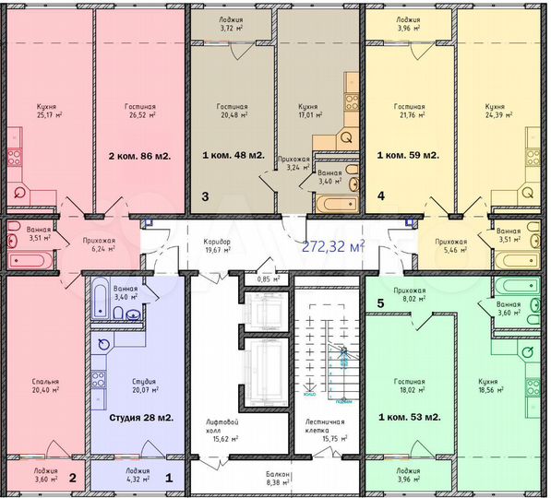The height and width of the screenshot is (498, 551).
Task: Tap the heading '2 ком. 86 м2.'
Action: click(x=140, y=156)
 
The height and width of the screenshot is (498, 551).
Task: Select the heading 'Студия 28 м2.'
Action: click(x=141, y=418)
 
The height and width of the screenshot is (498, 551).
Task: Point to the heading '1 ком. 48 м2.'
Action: click(x=234, y=156)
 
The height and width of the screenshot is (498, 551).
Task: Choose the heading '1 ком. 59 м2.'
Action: click(x=408, y=156)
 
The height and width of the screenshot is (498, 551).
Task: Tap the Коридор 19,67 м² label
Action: click(x=218, y=246)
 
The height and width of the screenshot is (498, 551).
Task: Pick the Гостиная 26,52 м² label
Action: click(x=140, y=112)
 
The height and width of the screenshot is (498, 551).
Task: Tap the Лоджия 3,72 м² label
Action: click(x=232, y=23)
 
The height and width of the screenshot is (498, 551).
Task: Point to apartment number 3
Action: click(x=205, y=196)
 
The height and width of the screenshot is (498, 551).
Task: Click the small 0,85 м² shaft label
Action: click(x=269, y=279)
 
